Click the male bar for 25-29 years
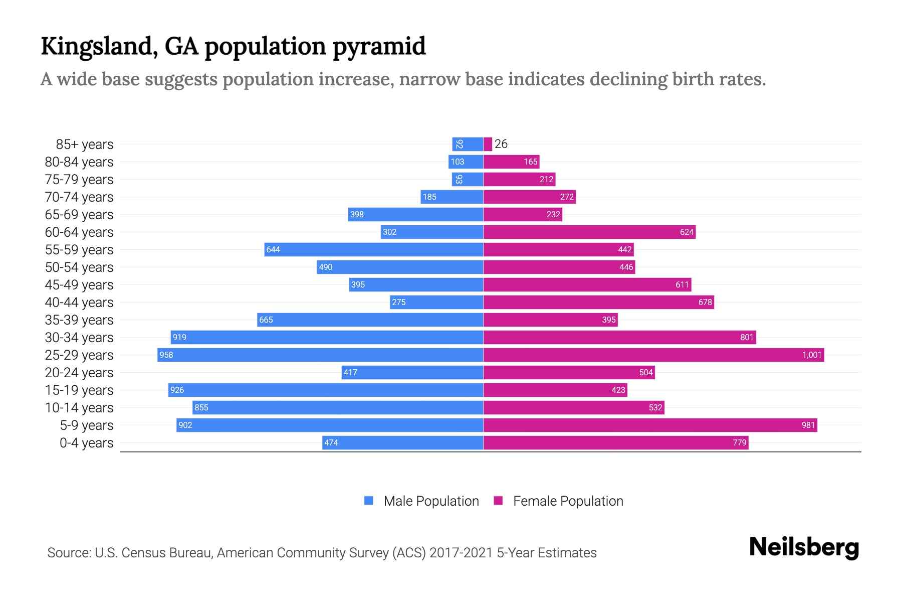[321, 355]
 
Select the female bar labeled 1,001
[653, 355]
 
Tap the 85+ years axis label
[85, 144]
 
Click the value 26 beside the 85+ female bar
[501, 144]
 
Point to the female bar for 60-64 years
[589, 232]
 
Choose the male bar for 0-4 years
[403, 443]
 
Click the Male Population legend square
[369, 501]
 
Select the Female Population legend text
[568, 501]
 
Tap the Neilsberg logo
[804, 547]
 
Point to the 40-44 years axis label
[79, 303]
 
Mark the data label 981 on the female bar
[808, 425]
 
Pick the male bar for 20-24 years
[412, 373]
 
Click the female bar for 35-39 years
[550, 320]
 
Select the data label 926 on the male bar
[177, 390]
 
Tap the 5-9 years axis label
[87, 425]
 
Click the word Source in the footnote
[68, 553]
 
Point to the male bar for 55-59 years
[374, 250]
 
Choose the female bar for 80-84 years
[511, 162]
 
